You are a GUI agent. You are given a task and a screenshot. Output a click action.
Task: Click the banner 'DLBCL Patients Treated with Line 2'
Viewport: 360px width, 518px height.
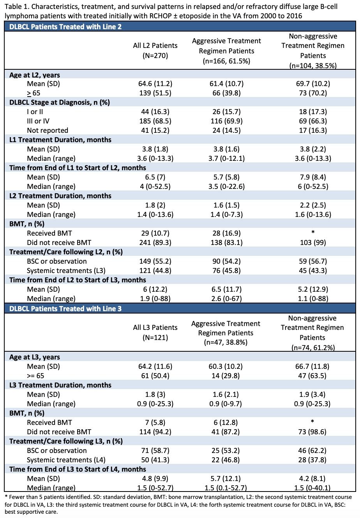click(x=65, y=26)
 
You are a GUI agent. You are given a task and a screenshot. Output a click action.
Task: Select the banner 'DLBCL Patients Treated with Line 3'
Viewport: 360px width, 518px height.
click(x=65, y=309)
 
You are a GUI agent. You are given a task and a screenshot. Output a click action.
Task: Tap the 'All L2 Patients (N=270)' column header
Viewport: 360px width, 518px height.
click(x=155, y=50)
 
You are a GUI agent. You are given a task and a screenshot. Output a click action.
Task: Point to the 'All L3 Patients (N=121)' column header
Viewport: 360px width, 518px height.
click(x=155, y=333)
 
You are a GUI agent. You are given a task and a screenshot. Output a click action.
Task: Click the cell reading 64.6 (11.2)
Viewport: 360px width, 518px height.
click(x=155, y=83)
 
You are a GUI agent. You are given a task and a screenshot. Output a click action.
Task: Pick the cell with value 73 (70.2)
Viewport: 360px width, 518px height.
click(x=313, y=93)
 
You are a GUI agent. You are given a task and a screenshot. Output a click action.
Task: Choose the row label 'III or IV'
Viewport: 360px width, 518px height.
click(x=38, y=121)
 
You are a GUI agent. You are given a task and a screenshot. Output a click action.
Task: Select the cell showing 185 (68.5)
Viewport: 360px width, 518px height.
click(x=155, y=121)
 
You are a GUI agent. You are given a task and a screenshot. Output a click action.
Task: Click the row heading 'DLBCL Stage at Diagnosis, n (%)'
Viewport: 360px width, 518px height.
click(x=60, y=102)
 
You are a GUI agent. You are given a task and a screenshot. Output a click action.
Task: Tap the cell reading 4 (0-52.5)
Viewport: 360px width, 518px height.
click(x=155, y=187)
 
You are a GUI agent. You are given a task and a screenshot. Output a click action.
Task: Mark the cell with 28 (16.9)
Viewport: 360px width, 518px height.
click(x=226, y=233)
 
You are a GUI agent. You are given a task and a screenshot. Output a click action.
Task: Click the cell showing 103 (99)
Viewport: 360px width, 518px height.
click(x=313, y=242)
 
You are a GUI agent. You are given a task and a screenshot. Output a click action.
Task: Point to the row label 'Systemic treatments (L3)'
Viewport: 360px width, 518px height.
click(x=66, y=271)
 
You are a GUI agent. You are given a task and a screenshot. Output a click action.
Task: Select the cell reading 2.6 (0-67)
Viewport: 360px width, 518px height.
click(x=226, y=299)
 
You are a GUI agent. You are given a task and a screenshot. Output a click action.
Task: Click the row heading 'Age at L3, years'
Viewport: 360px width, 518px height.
click(x=34, y=357)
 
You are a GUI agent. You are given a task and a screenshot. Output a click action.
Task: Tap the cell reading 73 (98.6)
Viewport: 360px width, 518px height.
click(x=312, y=432)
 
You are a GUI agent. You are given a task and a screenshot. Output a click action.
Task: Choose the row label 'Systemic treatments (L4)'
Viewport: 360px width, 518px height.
click(x=66, y=460)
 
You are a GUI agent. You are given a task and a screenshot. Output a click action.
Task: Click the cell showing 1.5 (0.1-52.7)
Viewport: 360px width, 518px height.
click(x=226, y=488)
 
